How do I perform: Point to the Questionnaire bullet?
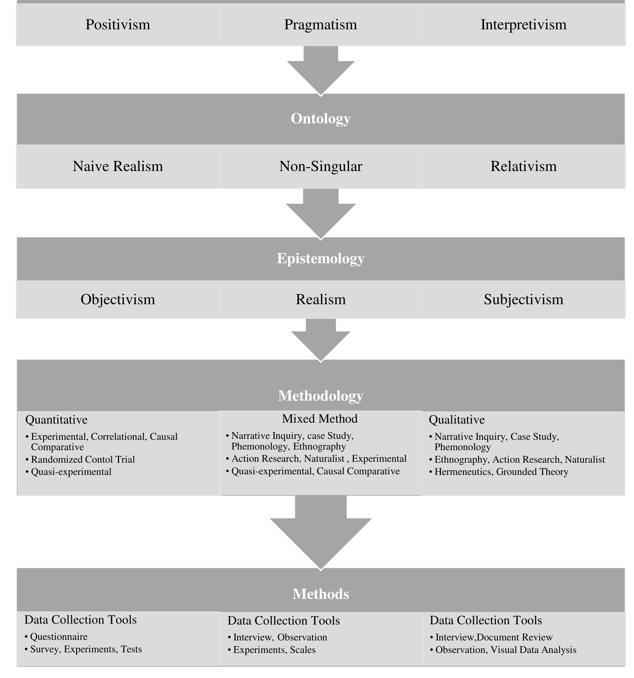click(58, 636)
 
